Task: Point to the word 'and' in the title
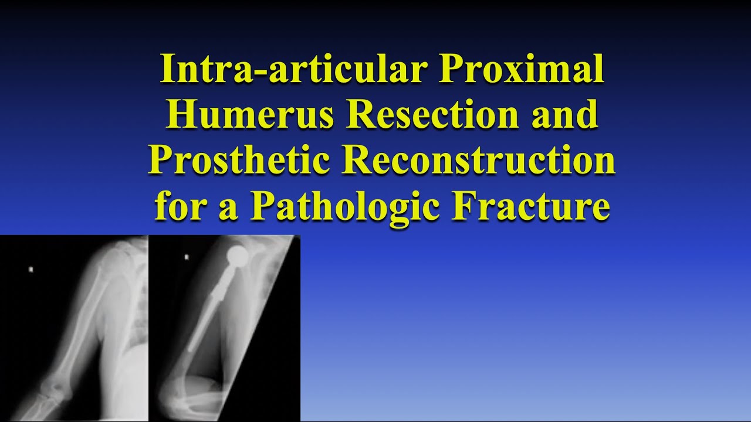(x=564, y=115)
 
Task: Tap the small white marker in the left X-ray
(x=31, y=270)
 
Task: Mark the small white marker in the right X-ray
(x=186, y=257)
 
